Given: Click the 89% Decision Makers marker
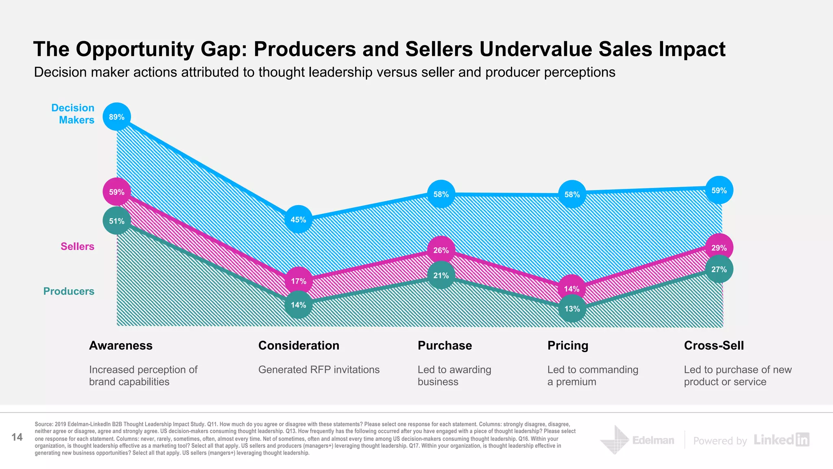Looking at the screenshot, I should coord(117,117).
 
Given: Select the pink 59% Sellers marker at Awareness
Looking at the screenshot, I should coord(117,192).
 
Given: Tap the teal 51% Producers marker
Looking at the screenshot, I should coord(117,221).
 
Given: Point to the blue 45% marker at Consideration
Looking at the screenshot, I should coord(298,219).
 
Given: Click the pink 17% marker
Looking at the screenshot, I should coord(299,281).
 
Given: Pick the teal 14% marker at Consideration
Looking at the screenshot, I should coord(298,305).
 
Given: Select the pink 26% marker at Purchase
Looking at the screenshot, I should coord(441,250).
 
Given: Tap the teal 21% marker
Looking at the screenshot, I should coord(441,276).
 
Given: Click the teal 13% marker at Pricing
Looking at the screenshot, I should coord(572,309).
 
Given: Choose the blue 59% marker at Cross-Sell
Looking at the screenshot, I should coord(719,190).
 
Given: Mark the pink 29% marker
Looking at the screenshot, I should coord(719,248).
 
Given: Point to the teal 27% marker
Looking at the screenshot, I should coord(719,269).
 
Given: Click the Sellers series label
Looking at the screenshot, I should coord(77,246).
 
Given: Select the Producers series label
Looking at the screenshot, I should coord(69,291).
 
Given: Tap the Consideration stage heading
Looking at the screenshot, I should coord(299,345).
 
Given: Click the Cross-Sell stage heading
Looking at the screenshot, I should coord(713,345).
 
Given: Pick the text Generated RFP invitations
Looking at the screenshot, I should coord(318,370).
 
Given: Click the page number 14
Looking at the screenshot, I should coord(17,437).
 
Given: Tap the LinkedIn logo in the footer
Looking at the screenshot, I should coord(781,440).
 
